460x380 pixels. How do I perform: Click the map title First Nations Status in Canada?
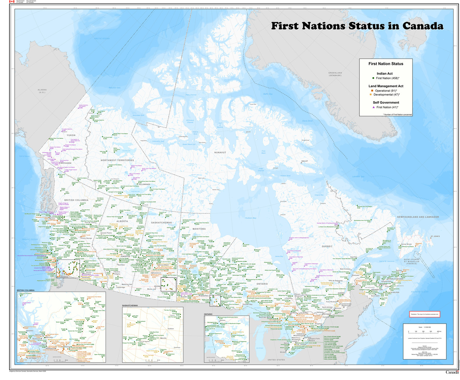[x=357, y=26]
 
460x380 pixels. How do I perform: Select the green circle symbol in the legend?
[x=373, y=78]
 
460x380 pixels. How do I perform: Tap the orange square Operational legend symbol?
[x=372, y=91]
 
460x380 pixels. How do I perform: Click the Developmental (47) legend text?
[x=386, y=95]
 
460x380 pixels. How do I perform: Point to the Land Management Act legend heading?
[x=386, y=86]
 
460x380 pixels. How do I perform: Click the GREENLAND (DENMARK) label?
[x=335, y=74]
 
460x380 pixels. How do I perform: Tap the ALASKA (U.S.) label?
[x=42, y=91]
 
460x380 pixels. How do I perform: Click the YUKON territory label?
[x=71, y=135]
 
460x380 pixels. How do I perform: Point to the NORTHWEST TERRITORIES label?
[x=117, y=160]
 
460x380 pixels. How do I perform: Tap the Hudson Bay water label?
[x=250, y=218]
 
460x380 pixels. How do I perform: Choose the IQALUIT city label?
[x=304, y=161]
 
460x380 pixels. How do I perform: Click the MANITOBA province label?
[x=199, y=229]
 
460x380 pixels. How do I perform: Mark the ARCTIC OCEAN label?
[x=102, y=38]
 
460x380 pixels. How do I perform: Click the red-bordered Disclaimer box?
[x=424, y=314]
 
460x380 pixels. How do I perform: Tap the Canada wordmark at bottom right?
[x=452, y=372]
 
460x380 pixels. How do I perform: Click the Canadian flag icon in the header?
[x=11, y=2]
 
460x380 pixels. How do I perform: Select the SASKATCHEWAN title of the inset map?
[x=130, y=305]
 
